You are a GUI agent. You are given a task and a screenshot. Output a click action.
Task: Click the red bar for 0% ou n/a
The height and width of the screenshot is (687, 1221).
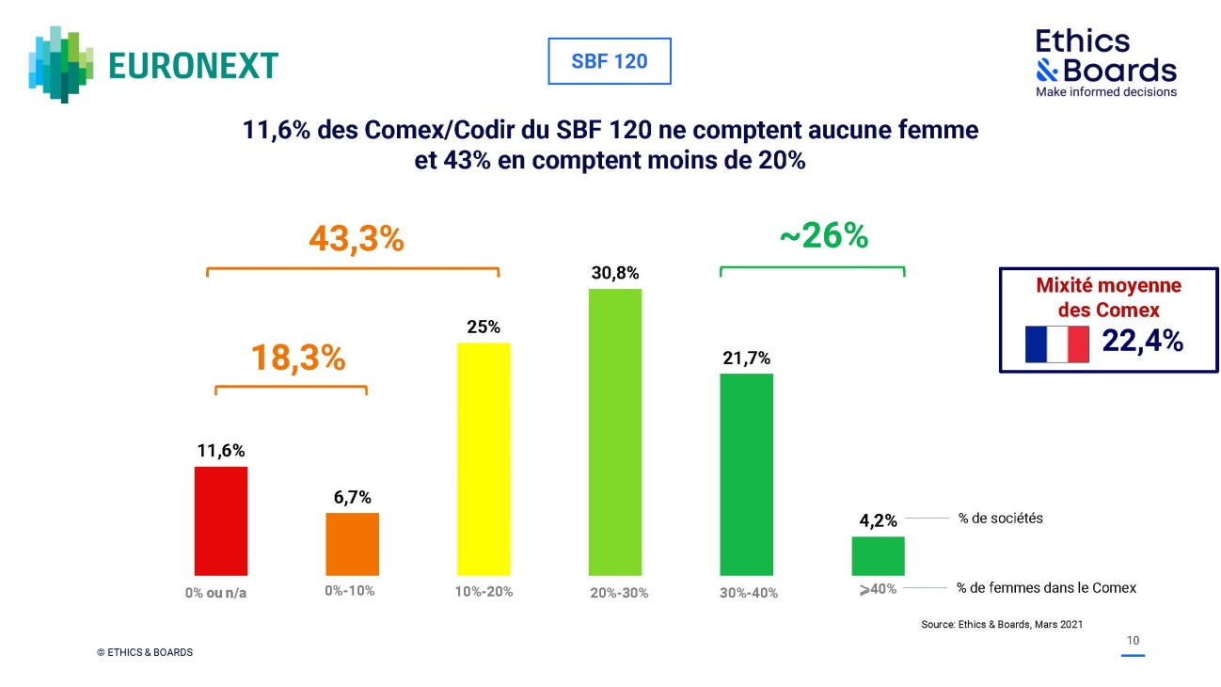(221, 520)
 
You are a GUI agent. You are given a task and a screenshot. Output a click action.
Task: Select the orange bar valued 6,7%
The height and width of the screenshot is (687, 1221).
(353, 544)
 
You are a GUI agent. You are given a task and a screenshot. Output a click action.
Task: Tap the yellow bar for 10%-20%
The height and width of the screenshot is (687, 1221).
(484, 459)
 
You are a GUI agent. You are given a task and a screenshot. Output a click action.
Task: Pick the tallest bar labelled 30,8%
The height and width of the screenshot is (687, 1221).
(615, 432)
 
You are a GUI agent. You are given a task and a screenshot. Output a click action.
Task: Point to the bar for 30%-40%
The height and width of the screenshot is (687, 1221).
(746, 474)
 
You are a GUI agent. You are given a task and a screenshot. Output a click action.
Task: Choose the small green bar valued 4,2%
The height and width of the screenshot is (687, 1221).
(878, 556)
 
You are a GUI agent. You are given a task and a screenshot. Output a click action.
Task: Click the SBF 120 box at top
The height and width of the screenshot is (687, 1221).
(610, 62)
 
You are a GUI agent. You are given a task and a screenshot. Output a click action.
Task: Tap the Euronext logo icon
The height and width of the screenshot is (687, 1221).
(62, 64)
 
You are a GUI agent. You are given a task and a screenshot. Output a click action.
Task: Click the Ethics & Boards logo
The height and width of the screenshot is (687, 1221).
(1105, 62)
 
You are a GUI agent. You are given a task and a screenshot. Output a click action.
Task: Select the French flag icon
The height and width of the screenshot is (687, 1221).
(1056, 344)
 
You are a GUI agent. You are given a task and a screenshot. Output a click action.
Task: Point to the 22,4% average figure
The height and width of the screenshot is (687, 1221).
(1142, 342)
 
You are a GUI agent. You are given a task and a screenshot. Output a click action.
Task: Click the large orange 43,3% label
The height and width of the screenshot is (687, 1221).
(357, 240)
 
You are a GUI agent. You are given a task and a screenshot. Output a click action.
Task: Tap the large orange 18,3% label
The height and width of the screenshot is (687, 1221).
(298, 358)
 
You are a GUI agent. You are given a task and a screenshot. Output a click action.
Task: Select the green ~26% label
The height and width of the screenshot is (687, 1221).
(823, 237)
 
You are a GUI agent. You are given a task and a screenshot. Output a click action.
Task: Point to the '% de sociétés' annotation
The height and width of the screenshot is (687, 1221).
(1000, 519)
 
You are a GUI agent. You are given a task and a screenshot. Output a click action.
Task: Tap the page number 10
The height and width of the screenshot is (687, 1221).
(1134, 641)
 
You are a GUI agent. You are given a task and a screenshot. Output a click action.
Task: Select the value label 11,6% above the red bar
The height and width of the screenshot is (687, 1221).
(221, 451)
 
